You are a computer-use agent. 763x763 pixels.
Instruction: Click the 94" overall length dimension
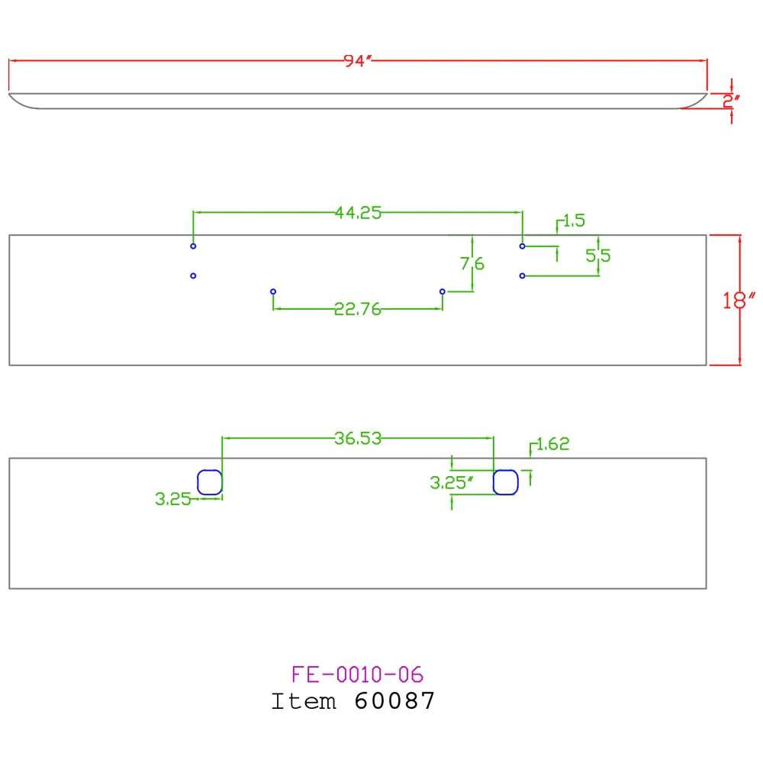(358, 61)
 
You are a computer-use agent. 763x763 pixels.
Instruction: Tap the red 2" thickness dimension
(731, 101)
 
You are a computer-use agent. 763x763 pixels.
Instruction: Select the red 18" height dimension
(738, 300)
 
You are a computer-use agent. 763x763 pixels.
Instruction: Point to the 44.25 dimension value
(358, 213)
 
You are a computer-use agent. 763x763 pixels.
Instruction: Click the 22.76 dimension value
(358, 309)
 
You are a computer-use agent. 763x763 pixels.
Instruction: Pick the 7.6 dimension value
(472, 264)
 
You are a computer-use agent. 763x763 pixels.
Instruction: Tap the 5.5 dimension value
(598, 256)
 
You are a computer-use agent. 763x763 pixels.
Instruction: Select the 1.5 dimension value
(575, 221)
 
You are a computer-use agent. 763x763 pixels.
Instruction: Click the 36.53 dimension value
(358, 439)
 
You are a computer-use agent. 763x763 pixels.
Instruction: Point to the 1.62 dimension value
(552, 444)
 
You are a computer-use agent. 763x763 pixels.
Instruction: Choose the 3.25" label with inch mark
(452, 483)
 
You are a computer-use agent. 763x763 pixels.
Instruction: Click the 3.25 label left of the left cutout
(172, 499)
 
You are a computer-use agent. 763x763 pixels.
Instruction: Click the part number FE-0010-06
(358, 674)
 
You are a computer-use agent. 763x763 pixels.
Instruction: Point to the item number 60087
(394, 701)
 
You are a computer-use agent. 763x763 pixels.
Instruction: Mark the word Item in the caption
(304, 701)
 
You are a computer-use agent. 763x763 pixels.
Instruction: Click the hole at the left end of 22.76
(273, 291)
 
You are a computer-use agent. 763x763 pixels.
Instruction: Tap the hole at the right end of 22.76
(443, 291)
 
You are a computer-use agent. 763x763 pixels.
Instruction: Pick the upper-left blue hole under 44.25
(193, 246)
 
